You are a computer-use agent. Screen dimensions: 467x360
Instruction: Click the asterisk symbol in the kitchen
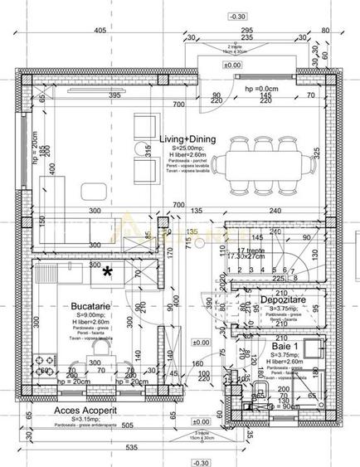point(107,270)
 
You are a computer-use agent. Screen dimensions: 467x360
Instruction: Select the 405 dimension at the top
point(100,31)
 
